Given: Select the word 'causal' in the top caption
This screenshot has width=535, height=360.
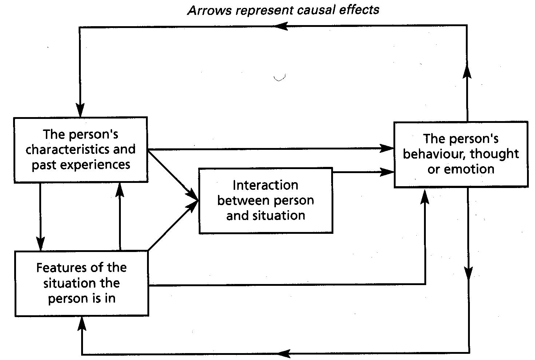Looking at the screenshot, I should coord(317,10).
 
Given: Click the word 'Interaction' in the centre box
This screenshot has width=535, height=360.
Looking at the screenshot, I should coord(265,185).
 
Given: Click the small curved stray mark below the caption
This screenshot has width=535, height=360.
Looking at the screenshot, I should coord(279,77).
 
